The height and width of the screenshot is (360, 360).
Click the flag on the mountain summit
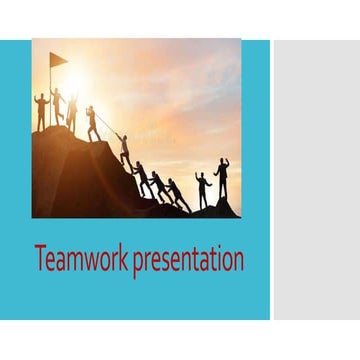(58, 60)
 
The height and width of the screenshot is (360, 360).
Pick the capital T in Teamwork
(40, 259)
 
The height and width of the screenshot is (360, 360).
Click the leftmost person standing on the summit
(41, 111)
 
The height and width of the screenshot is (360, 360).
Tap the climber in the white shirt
(125, 150)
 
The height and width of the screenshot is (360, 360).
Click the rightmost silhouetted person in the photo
(222, 180)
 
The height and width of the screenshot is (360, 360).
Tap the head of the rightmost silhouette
(223, 162)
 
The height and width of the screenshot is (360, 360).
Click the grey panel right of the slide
(316, 180)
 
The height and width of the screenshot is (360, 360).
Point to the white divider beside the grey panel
(271, 180)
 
